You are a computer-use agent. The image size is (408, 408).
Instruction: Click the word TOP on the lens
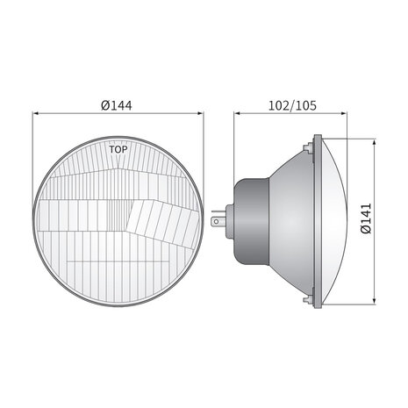click(118, 149)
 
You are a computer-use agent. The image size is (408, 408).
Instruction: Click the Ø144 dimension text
click(117, 105)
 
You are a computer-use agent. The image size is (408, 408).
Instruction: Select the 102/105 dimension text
click(292, 105)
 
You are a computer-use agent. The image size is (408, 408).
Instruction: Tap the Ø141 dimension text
click(366, 218)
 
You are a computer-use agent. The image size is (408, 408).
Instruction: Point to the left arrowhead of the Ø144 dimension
click(36, 113)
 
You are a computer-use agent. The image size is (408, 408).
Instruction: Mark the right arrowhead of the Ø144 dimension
click(200, 113)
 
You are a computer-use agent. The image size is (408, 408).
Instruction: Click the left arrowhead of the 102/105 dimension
click(237, 113)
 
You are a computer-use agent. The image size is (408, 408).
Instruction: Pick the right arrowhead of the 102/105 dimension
click(344, 113)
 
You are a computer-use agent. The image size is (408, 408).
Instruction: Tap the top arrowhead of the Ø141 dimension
click(374, 143)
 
